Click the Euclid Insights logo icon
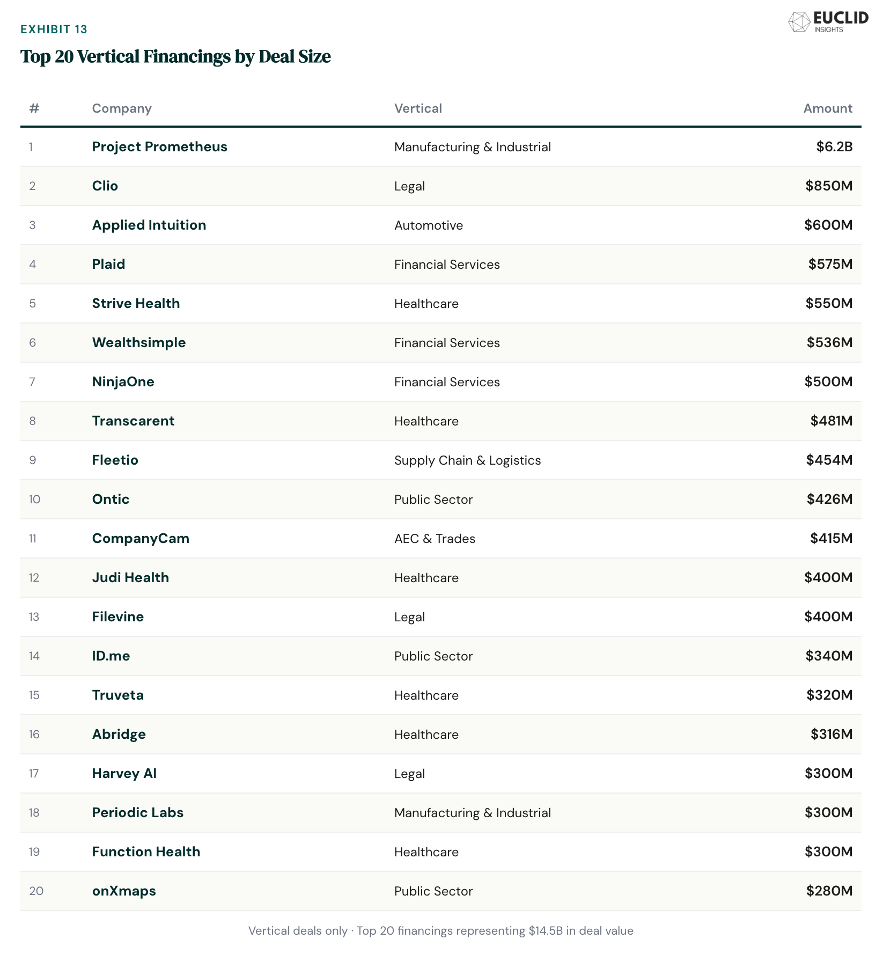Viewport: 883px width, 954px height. point(799,22)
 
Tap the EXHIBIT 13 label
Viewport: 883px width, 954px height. point(54,29)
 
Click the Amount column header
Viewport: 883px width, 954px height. point(827,108)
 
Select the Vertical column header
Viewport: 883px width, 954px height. point(418,108)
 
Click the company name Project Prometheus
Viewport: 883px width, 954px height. point(159,147)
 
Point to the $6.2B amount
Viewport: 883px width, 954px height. point(834,147)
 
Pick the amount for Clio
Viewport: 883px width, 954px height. point(828,186)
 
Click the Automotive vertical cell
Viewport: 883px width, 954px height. point(428,225)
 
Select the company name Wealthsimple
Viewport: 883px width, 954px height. point(138,343)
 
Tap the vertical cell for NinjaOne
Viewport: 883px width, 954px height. point(446,382)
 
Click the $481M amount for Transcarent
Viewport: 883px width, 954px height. point(831,421)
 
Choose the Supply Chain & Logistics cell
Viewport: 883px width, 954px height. point(467,460)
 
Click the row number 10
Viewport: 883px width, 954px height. point(34,500)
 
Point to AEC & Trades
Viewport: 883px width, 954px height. point(435,539)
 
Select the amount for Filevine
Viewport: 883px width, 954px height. point(828,617)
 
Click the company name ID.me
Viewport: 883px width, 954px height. point(111,656)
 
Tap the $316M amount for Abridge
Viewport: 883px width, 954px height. point(831,735)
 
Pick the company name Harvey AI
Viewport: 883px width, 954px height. point(124,774)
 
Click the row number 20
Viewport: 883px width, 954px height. point(36,891)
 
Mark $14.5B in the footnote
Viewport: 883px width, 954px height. point(546,931)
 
